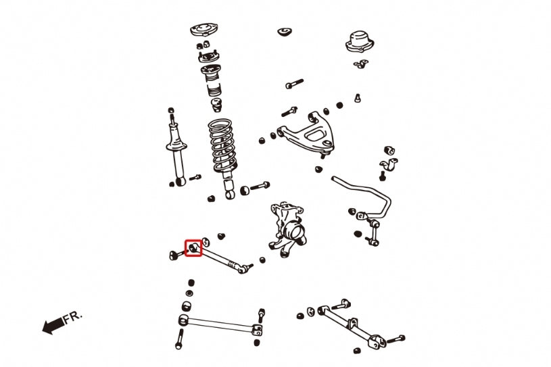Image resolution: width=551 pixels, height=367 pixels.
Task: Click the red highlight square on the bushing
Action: pos(193,248)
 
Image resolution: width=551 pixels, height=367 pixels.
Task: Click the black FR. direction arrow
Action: pos(53,326)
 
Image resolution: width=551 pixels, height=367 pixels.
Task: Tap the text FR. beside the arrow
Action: pos(73,317)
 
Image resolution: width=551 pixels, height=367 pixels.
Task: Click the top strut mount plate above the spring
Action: pos(204,30)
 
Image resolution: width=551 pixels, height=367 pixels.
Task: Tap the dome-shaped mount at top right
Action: pos(360,42)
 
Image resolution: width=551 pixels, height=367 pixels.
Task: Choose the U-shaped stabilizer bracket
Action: pos(389,165)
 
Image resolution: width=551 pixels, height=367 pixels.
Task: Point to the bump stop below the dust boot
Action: pos(216,105)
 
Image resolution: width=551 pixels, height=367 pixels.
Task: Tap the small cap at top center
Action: pos(285,32)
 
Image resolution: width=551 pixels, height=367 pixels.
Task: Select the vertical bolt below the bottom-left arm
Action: pos(180,339)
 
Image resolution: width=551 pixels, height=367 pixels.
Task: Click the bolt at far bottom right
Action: pos(396,339)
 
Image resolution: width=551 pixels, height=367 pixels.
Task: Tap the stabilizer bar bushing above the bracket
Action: pos(389,150)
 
